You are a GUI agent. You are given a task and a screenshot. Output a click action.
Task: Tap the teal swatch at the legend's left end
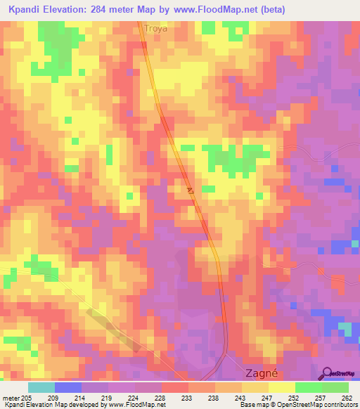tap(41, 387)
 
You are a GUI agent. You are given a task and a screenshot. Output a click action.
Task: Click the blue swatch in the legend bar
tap(68, 387)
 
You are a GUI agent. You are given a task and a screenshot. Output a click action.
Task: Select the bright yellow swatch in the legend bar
tap(281, 387)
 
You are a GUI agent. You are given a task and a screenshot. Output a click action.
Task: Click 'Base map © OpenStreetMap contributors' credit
tap(299, 405)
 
